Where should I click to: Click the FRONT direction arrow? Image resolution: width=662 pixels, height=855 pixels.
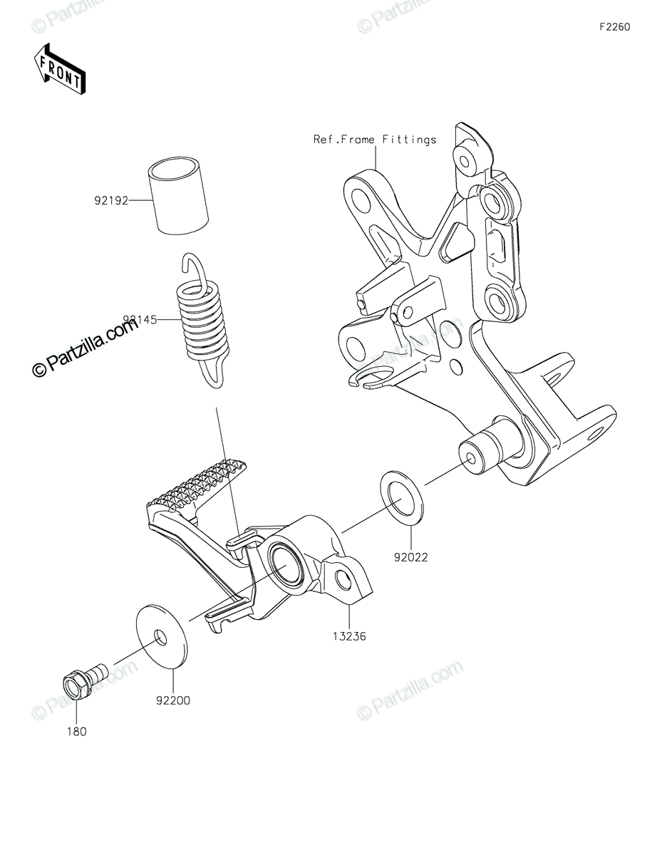60,69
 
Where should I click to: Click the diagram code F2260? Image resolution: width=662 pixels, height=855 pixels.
614,27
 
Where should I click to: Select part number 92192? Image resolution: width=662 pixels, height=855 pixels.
110,200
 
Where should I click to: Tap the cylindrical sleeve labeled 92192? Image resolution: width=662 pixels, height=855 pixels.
181,197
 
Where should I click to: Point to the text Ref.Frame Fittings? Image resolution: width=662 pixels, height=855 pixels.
375,140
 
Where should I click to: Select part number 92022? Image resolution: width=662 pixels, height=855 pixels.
410,557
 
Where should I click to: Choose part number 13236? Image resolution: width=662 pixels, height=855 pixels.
348,636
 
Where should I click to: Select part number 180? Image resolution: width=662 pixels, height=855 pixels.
77,731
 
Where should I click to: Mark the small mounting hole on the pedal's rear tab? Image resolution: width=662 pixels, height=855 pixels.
343,580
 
